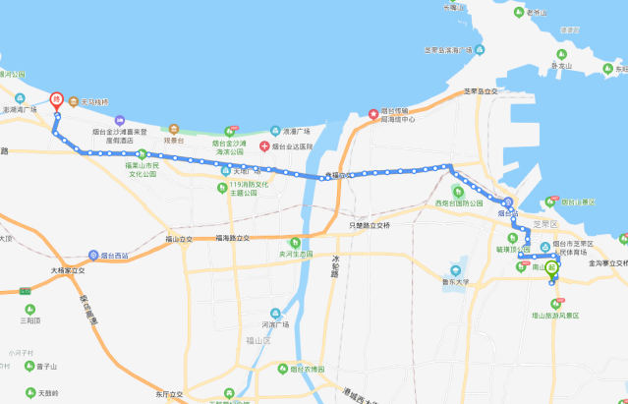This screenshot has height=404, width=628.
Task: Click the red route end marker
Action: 57,98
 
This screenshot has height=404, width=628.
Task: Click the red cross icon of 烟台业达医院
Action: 263,146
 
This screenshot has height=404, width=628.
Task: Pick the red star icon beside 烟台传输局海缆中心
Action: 373,114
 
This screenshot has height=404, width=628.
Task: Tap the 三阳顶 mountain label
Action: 29,320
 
